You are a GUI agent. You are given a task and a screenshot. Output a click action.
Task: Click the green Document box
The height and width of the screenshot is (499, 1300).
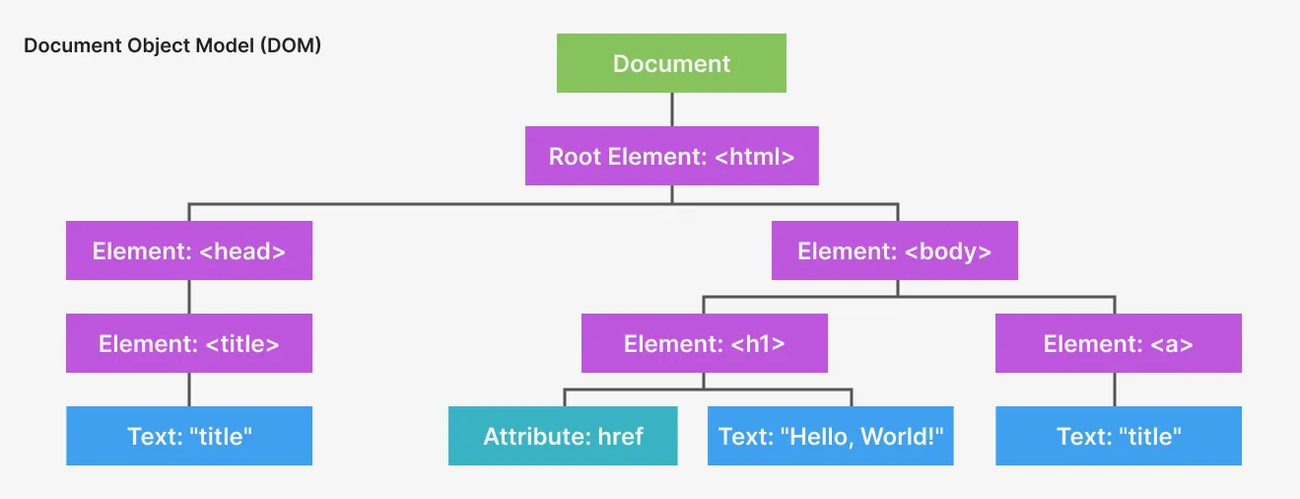click(671, 63)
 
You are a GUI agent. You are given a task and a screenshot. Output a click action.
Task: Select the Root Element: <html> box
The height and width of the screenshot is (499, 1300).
click(671, 156)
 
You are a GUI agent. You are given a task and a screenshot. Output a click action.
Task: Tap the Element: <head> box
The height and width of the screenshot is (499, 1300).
click(189, 250)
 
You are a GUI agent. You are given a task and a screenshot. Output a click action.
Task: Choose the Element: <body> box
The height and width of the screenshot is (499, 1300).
click(894, 250)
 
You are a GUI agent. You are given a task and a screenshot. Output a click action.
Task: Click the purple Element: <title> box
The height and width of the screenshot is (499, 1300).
click(189, 343)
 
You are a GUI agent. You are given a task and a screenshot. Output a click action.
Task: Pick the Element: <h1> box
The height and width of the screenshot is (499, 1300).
click(704, 343)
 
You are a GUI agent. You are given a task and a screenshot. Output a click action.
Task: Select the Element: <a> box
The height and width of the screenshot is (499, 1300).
click(1118, 343)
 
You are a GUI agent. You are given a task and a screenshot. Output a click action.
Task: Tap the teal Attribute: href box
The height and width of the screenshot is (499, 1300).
click(563, 436)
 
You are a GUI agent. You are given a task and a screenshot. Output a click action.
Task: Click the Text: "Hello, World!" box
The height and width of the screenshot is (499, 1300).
click(831, 436)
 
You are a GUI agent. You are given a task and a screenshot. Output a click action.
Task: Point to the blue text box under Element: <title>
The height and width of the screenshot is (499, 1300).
click(189, 436)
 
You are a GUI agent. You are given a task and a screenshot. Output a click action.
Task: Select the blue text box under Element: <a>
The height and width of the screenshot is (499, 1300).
click(1118, 436)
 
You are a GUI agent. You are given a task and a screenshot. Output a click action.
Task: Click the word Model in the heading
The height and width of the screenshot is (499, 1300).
click(228, 46)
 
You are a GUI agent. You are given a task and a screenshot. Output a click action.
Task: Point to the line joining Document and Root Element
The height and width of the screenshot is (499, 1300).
click(672, 109)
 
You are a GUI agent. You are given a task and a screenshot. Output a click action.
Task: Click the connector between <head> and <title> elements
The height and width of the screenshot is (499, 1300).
click(189, 297)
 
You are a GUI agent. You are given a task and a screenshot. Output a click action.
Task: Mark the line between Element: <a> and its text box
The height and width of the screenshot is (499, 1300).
click(1116, 390)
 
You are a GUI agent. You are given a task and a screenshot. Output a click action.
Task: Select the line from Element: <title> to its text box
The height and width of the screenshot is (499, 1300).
click(189, 390)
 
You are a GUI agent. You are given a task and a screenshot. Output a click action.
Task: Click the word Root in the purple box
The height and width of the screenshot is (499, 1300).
click(574, 156)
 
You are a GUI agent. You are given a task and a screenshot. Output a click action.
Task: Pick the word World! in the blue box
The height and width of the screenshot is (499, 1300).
click(898, 436)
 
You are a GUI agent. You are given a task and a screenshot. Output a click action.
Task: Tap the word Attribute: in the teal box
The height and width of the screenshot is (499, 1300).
click(533, 436)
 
